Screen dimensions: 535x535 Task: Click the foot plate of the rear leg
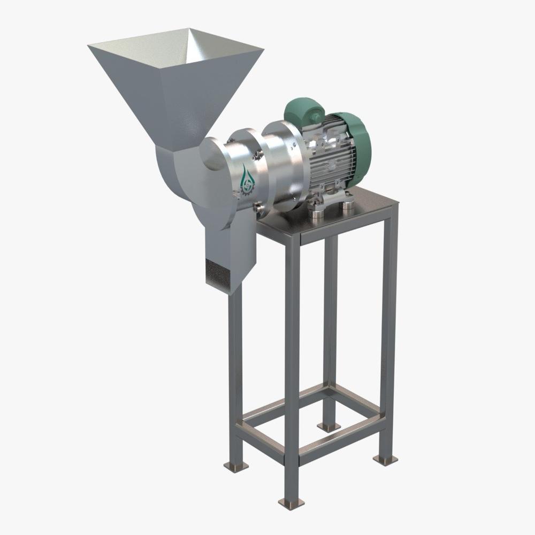329,425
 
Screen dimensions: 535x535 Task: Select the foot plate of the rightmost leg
383,459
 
